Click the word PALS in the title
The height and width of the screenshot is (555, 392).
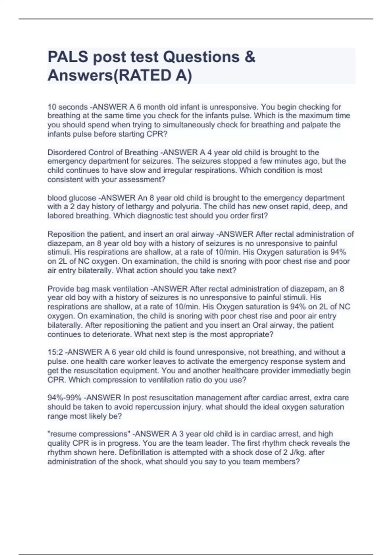pyautogui.click(x=68, y=57)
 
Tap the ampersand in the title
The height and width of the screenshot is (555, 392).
pyautogui.click(x=249, y=57)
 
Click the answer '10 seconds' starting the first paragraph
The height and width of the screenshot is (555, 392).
pyautogui.click(x=68, y=107)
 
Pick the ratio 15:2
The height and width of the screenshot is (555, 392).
pyautogui.click(x=56, y=352)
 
